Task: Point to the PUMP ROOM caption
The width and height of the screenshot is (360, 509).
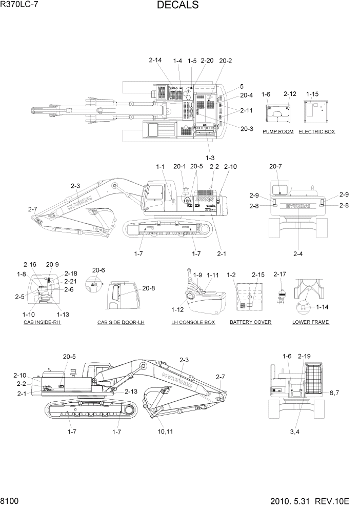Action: point(278,132)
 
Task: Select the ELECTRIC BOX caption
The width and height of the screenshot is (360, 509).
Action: point(317,132)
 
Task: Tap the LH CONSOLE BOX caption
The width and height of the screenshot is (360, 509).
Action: point(193,322)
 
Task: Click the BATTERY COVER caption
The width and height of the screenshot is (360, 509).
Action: point(250,322)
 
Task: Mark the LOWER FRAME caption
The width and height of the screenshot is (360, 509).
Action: point(310,322)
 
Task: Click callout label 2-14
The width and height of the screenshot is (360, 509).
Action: point(155,61)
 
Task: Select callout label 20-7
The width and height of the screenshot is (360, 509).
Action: point(276,166)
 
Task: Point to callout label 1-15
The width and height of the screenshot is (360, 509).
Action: point(312,94)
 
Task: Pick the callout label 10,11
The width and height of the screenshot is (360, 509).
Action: point(167,432)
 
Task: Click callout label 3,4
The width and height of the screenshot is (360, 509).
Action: point(295,432)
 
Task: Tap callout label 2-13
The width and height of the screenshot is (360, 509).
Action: point(131,391)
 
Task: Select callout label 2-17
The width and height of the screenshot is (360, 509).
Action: point(280,275)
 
